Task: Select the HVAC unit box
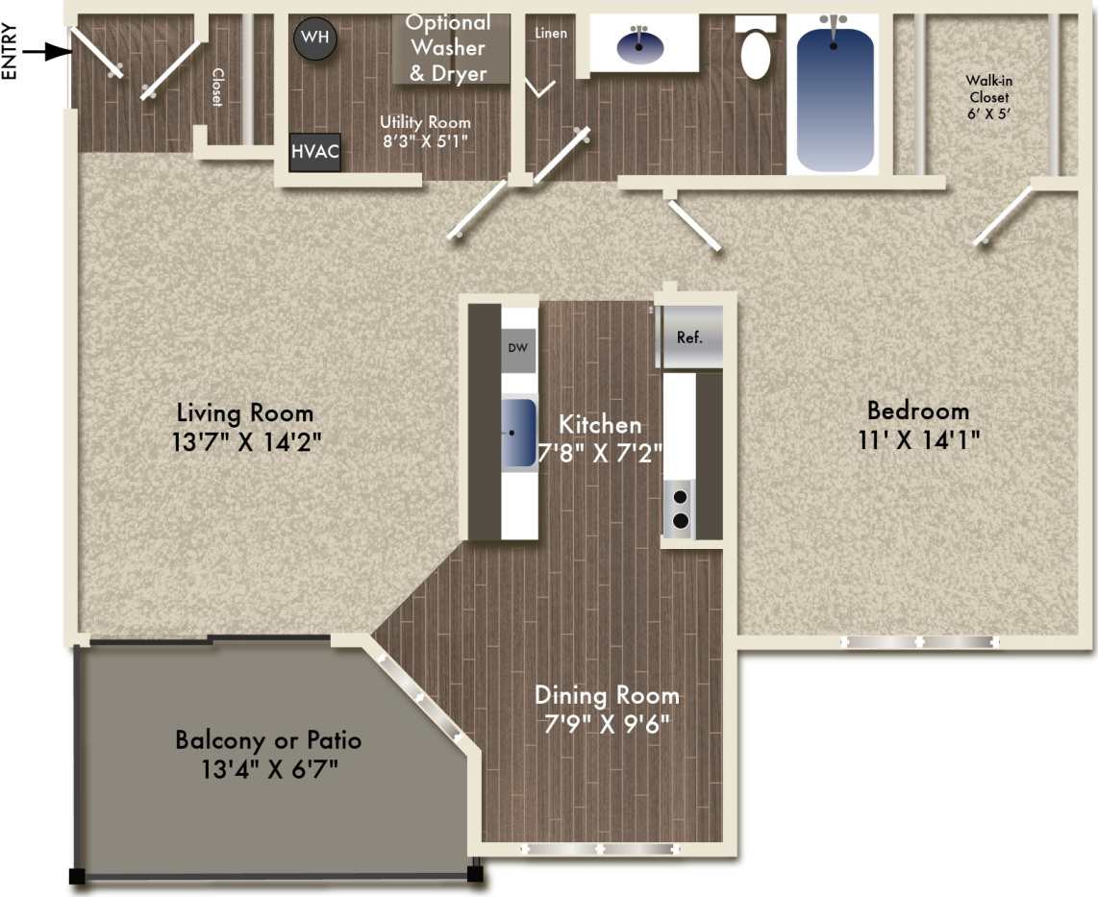pyautogui.click(x=315, y=153)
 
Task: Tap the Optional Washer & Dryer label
pyautogui.click(x=449, y=47)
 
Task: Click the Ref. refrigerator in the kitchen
pyautogui.click(x=688, y=337)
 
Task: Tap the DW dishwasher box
pyautogui.click(x=517, y=348)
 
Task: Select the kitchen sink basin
pyautogui.click(x=517, y=434)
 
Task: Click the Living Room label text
pyautogui.click(x=245, y=413)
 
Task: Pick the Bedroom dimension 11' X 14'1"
pyautogui.click(x=917, y=439)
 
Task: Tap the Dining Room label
pyautogui.click(x=607, y=694)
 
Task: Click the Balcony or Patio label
pyautogui.click(x=268, y=740)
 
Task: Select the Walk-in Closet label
pyautogui.click(x=989, y=97)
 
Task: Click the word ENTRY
pyautogui.click(x=11, y=51)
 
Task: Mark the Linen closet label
pyautogui.click(x=551, y=33)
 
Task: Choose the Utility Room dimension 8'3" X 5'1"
pyautogui.click(x=425, y=140)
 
